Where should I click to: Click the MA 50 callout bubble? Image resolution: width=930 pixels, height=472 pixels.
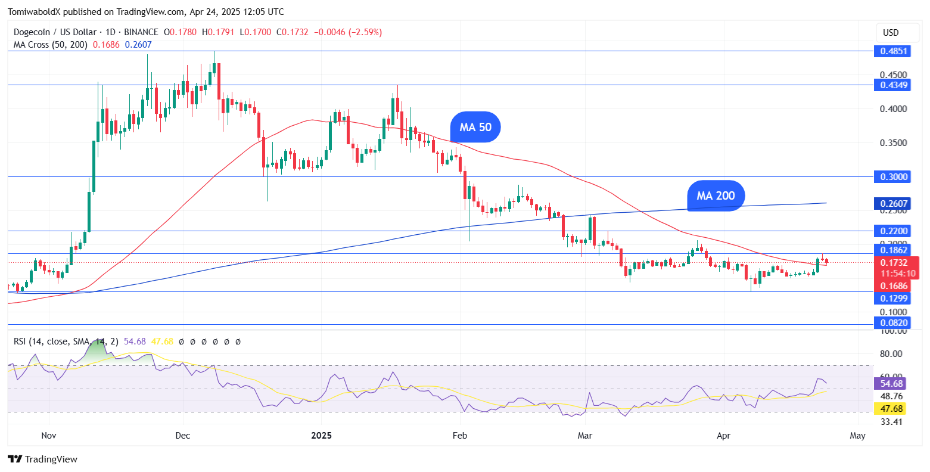475,127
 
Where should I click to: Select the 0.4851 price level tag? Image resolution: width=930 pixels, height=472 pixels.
893,51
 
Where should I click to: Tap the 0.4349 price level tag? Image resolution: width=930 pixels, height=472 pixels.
893,85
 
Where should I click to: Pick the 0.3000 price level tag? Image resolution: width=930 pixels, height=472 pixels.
893,177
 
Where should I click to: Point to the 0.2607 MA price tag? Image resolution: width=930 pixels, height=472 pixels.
893,204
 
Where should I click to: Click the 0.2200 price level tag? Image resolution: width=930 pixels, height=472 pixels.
893,231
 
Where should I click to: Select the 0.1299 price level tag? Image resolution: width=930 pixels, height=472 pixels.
893,298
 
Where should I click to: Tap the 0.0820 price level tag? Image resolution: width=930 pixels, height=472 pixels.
893,323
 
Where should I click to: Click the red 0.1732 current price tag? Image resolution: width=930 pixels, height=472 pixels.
893,262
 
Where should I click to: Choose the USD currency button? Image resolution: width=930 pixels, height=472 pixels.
891,33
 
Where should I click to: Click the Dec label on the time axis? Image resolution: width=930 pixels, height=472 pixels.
183,436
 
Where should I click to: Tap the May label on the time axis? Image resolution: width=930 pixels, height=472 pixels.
857,436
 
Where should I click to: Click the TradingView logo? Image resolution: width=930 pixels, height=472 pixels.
43,459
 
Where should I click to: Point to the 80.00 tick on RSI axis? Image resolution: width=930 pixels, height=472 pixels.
892,354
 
